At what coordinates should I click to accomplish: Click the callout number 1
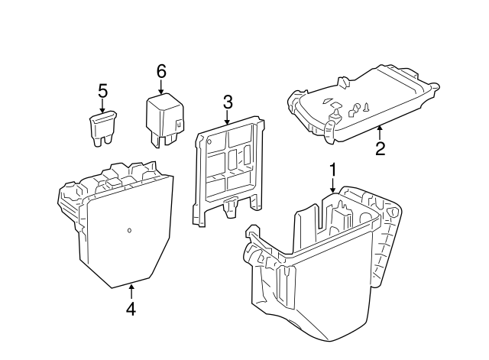point(332,168)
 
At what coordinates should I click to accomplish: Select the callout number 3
point(228,102)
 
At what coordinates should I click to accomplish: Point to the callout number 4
point(131,309)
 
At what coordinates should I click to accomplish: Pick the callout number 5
point(102,92)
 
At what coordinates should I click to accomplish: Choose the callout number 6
point(161,70)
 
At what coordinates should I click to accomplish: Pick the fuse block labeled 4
point(122,229)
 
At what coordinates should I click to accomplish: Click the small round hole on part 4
point(129,229)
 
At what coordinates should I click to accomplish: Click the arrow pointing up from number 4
point(131,291)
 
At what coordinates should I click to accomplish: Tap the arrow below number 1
point(332,186)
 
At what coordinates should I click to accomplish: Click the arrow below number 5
point(102,108)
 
